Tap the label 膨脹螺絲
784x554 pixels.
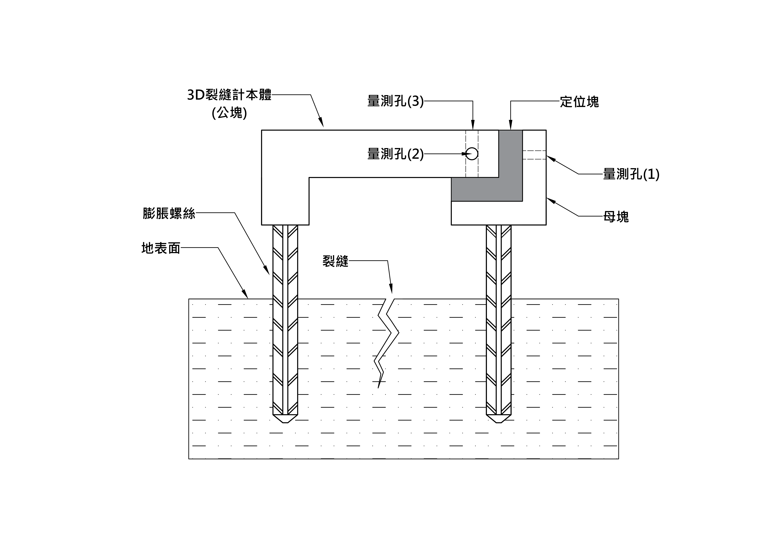pos(169,213)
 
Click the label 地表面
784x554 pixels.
pos(161,248)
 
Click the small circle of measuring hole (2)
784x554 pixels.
pos(472,154)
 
